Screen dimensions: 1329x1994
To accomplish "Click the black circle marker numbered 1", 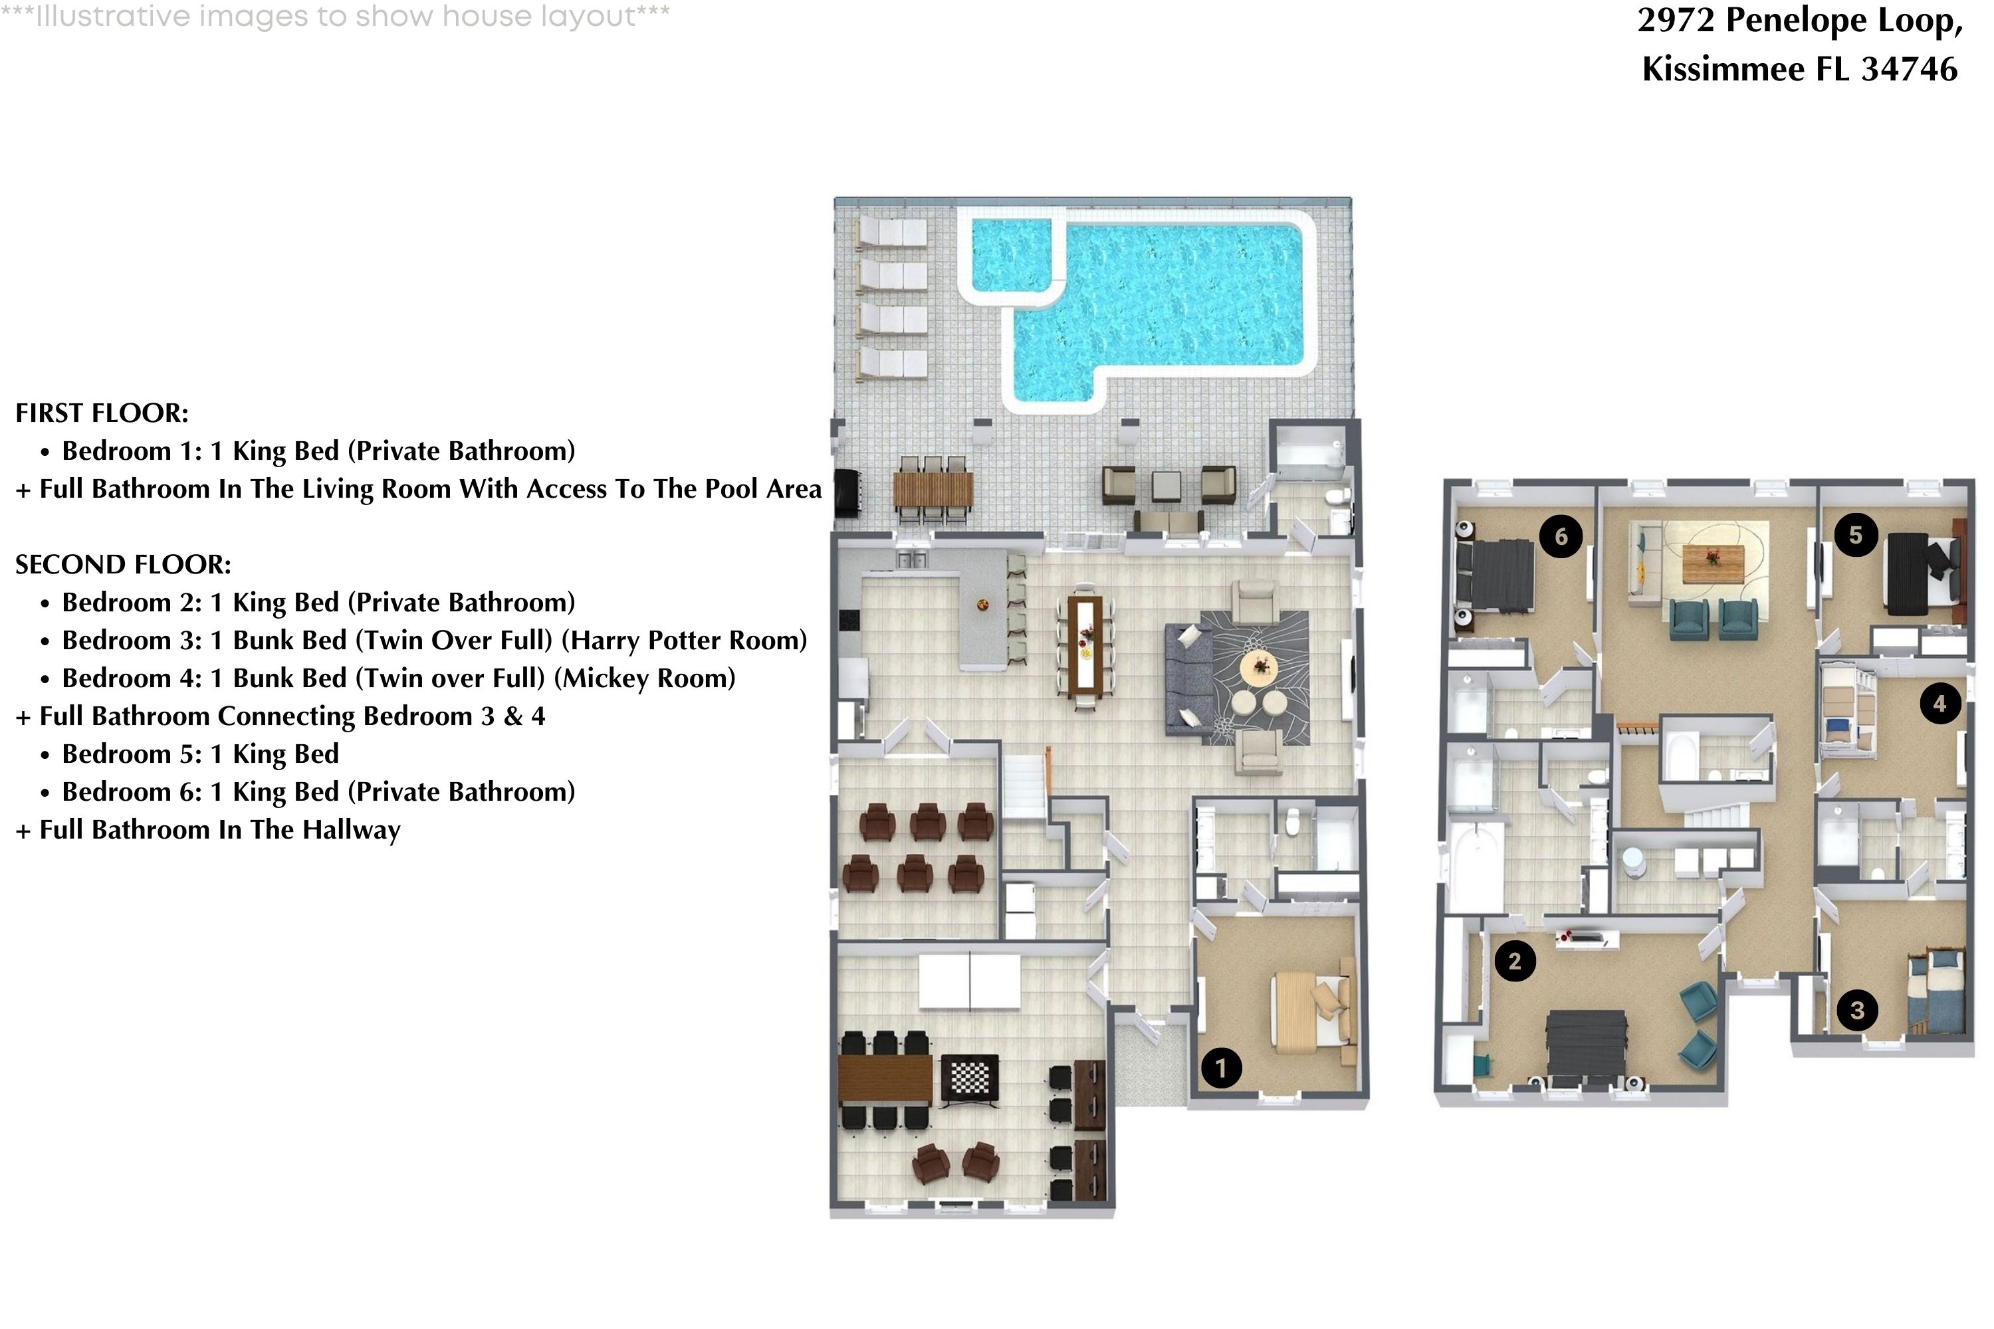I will (x=1221, y=1068).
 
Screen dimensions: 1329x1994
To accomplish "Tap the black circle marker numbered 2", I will (x=1514, y=961).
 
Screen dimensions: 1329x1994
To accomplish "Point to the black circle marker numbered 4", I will (x=1939, y=704).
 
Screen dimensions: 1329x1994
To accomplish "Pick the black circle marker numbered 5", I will (x=1855, y=535).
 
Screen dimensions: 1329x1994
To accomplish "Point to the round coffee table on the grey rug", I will (x=1258, y=667).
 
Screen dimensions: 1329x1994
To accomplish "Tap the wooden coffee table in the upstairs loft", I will (x=1714, y=564).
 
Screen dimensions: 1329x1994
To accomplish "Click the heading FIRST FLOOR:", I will (x=102, y=413).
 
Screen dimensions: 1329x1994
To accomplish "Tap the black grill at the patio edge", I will (x=846, y=492).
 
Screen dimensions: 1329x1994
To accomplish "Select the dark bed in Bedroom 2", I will (x=1586, y=1047).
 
